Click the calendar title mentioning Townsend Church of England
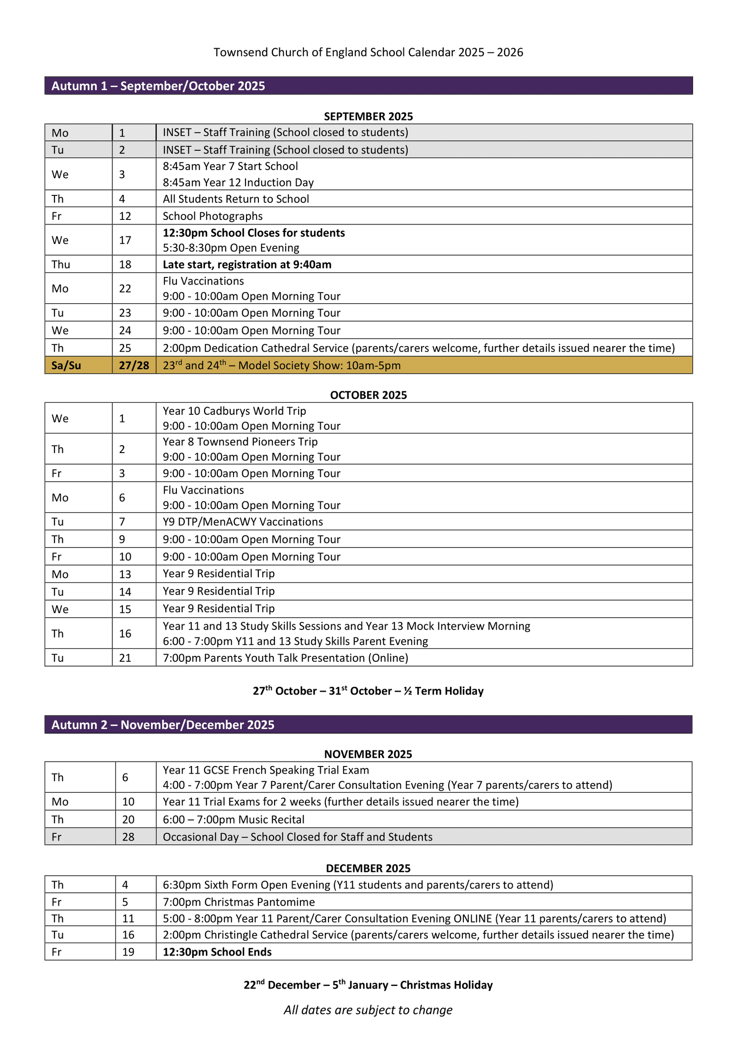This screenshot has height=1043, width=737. point(368,52)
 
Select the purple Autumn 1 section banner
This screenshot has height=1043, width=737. point(368,86)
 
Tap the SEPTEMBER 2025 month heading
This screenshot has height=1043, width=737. point(368,116)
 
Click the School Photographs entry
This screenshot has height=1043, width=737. point(212,216)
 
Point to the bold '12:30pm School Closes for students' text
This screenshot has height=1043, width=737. point(253,233)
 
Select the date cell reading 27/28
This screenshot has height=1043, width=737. point(134,365)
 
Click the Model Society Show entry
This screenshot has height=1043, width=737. point(281,365)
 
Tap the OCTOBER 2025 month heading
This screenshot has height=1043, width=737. point(368,395)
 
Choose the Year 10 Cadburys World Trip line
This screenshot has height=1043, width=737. point(234,411)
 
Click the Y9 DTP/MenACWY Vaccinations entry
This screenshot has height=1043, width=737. point(243,522)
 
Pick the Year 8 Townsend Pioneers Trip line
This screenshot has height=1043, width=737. point(240,442)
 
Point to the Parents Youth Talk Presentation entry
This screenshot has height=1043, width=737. point(285,658)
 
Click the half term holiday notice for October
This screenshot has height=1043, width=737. point(368,691)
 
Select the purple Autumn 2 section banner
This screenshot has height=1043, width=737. point(368,725)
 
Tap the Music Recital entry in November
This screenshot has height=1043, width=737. point(234,819)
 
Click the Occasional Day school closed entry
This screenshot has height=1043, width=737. point(298,837)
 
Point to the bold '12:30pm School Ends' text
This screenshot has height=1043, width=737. point(217,952)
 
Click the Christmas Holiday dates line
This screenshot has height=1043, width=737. point(368,985)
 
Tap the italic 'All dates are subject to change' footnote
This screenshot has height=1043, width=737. point(368,1010)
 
